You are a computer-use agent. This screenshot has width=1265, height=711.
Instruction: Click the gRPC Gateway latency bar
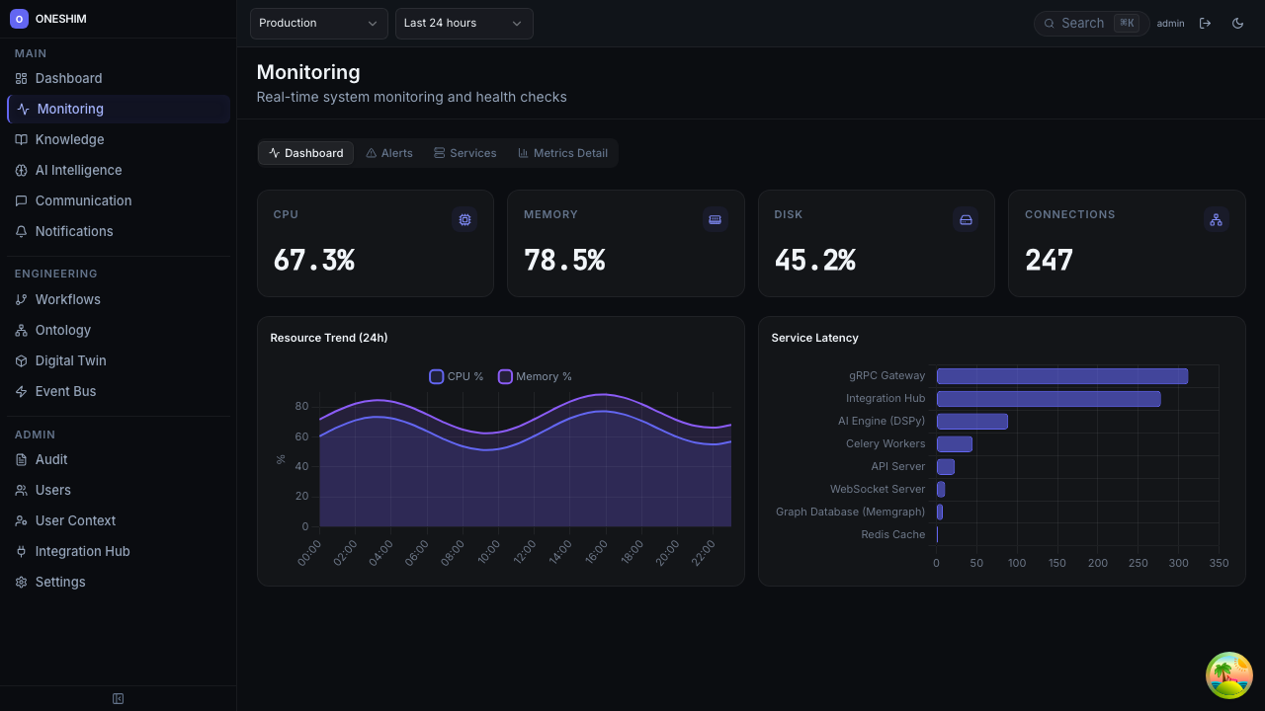click(1061, 376)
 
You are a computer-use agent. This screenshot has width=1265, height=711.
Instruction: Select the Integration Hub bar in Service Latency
click(1048, 399)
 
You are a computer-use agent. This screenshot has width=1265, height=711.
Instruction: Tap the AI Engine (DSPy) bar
click(971, 422)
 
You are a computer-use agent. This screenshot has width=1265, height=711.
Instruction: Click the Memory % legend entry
click(535, 376)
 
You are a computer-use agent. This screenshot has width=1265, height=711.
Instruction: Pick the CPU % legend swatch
click(436, 376)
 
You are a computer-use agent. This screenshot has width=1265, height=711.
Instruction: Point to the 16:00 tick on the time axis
click(596, 552)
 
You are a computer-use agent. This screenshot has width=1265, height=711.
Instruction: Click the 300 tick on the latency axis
click(1178, 563)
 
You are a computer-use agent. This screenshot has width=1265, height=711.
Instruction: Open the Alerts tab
click(389, 153)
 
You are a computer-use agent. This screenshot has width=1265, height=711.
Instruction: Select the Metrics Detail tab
click(562, 153)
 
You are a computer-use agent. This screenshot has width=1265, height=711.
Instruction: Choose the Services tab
click(465, 153)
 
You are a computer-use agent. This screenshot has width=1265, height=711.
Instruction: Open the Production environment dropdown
click(318, 23)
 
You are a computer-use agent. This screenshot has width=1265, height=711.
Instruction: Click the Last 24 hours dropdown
click(464, 23)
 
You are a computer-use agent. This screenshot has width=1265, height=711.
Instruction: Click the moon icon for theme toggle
click(1237, 23)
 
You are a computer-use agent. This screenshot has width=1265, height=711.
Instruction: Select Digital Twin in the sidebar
click(70, 360)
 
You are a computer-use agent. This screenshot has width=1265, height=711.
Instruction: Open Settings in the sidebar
click(60, 582)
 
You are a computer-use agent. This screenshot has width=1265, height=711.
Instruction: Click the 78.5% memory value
click(564, 260)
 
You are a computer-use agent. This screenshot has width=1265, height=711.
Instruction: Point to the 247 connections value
click(1049, 260)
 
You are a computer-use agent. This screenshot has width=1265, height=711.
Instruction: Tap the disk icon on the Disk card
click(966, 219)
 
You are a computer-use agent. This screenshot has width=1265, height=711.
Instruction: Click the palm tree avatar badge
click(1229, 675)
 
